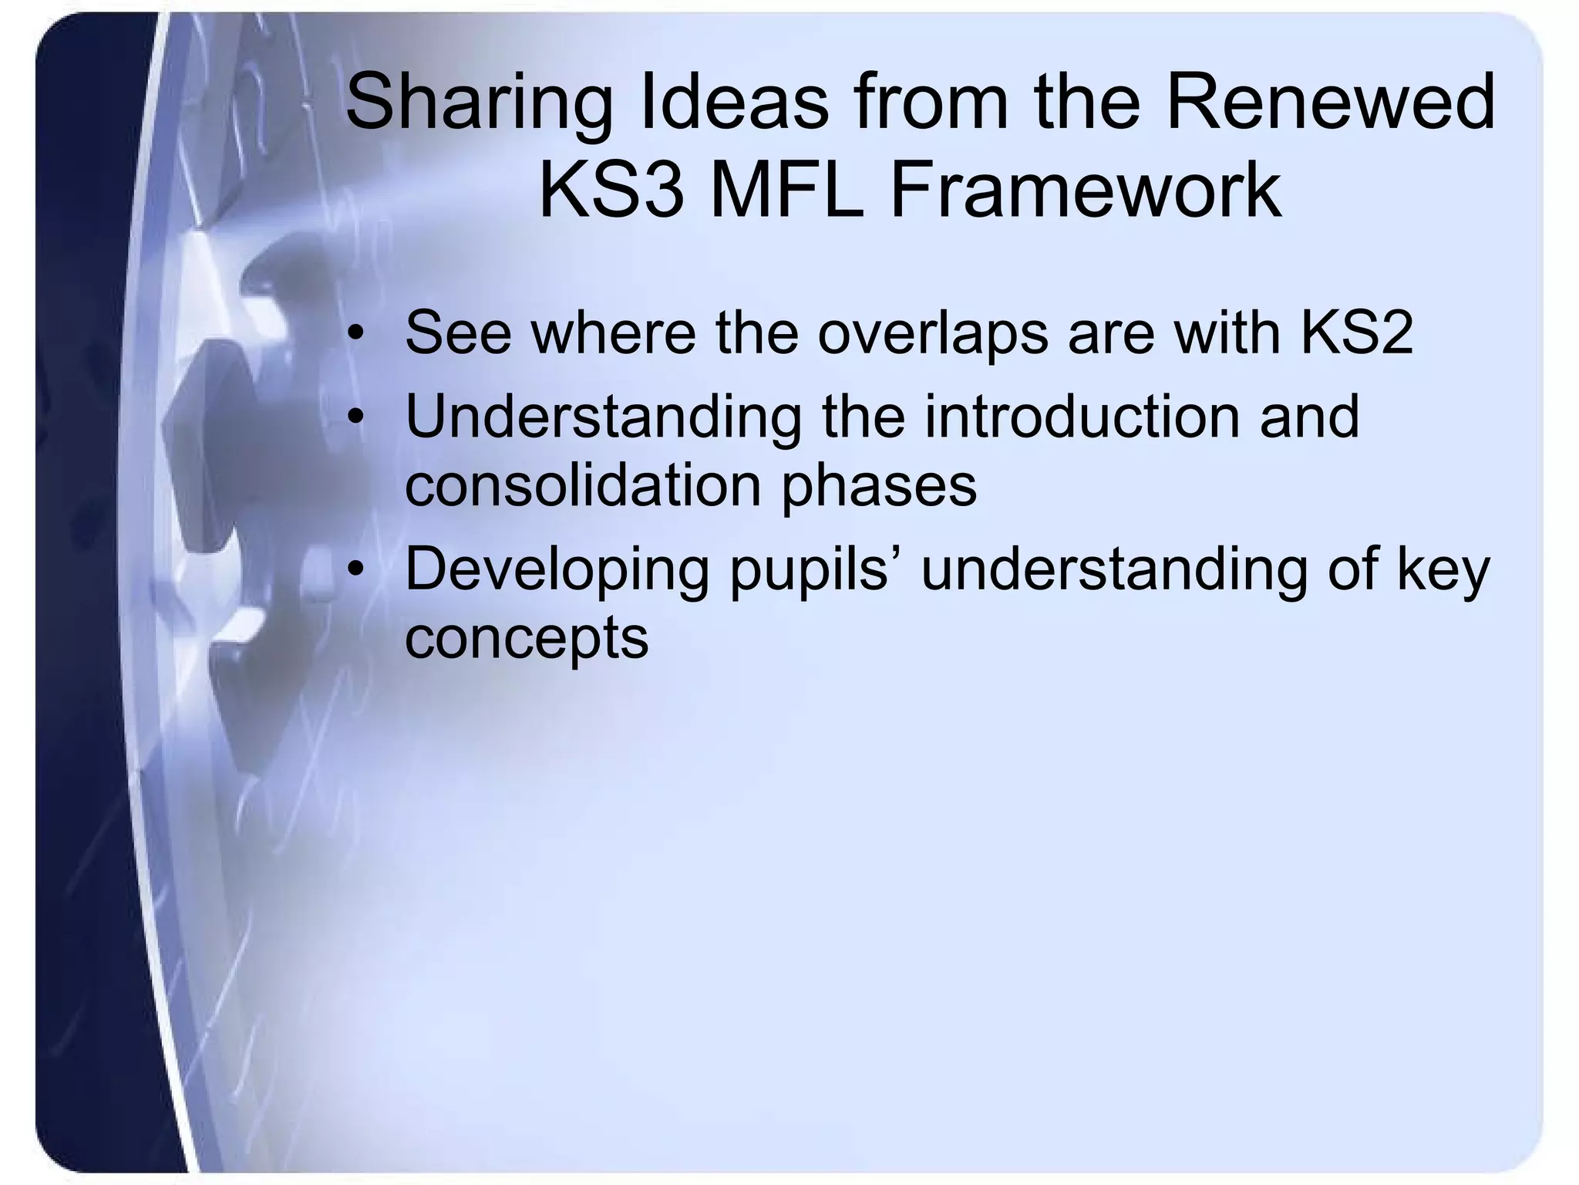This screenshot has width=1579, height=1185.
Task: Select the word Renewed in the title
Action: coord(1331,102)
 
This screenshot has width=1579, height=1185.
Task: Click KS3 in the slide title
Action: coord(611,190)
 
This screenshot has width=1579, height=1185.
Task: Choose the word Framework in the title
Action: coord(1086,190)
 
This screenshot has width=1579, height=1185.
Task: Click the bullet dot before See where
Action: coord(355,334)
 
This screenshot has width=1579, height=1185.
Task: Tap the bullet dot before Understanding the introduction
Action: coord(355,418)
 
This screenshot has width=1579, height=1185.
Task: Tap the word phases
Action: coord(880,488)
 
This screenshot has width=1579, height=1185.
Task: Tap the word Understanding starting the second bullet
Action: coord(603,418)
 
